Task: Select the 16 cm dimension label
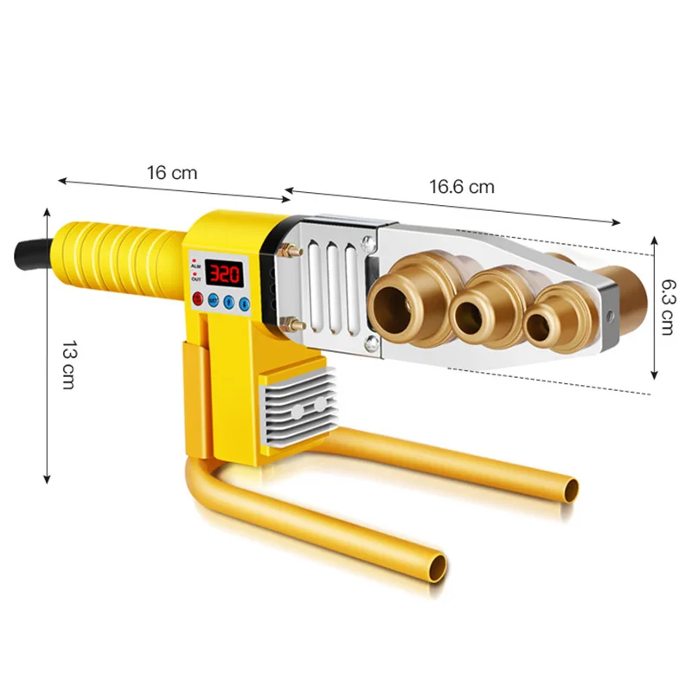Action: pos(171,172)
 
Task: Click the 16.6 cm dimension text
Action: pos(462,186)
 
